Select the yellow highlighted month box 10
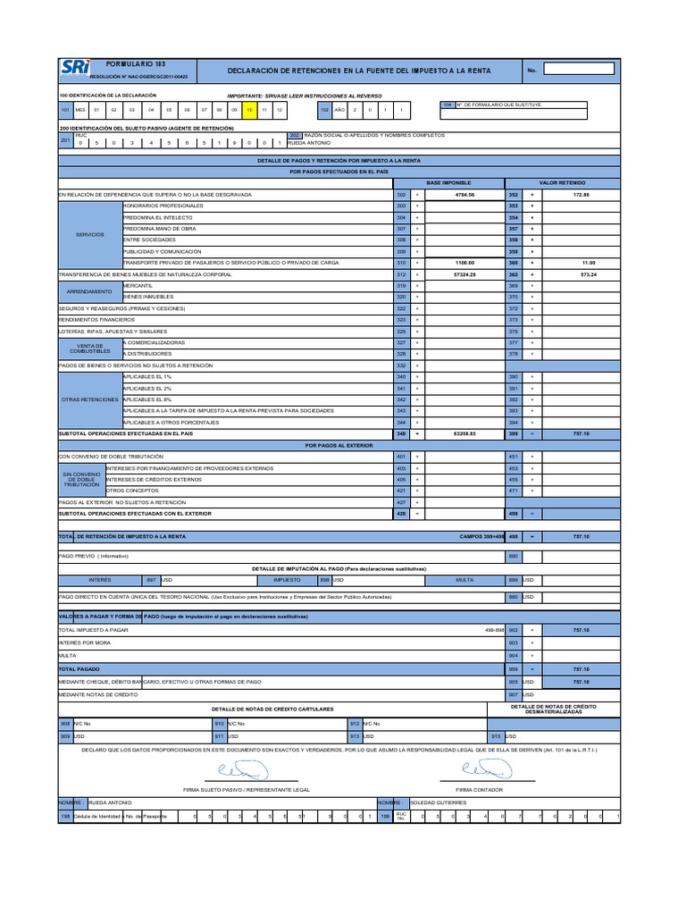(250, 109)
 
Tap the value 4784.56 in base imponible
(464, 194)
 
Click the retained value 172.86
(581, 194)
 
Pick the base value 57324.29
(464, 274)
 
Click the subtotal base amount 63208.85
(464, 433)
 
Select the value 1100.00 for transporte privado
(464, 263)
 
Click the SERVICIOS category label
(90, 234)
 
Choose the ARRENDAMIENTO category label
(90, 291)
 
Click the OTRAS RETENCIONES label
(90, 399)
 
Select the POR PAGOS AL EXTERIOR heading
(339, 444)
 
